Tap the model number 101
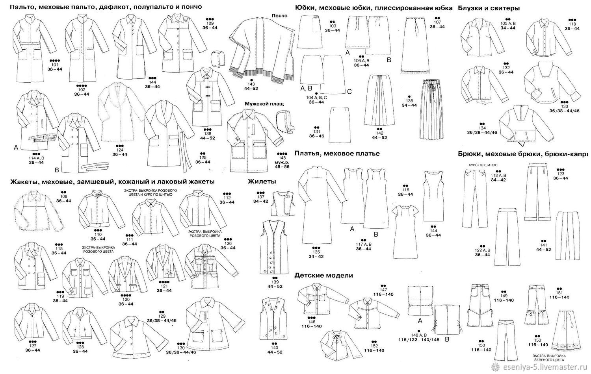pos(54,64)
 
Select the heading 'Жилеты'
pos(262,181)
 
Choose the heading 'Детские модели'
pos(323,276)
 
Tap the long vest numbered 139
pos(275,248)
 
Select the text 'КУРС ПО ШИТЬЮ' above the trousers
pos(483,165)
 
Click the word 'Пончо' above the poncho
pos(279,16)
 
